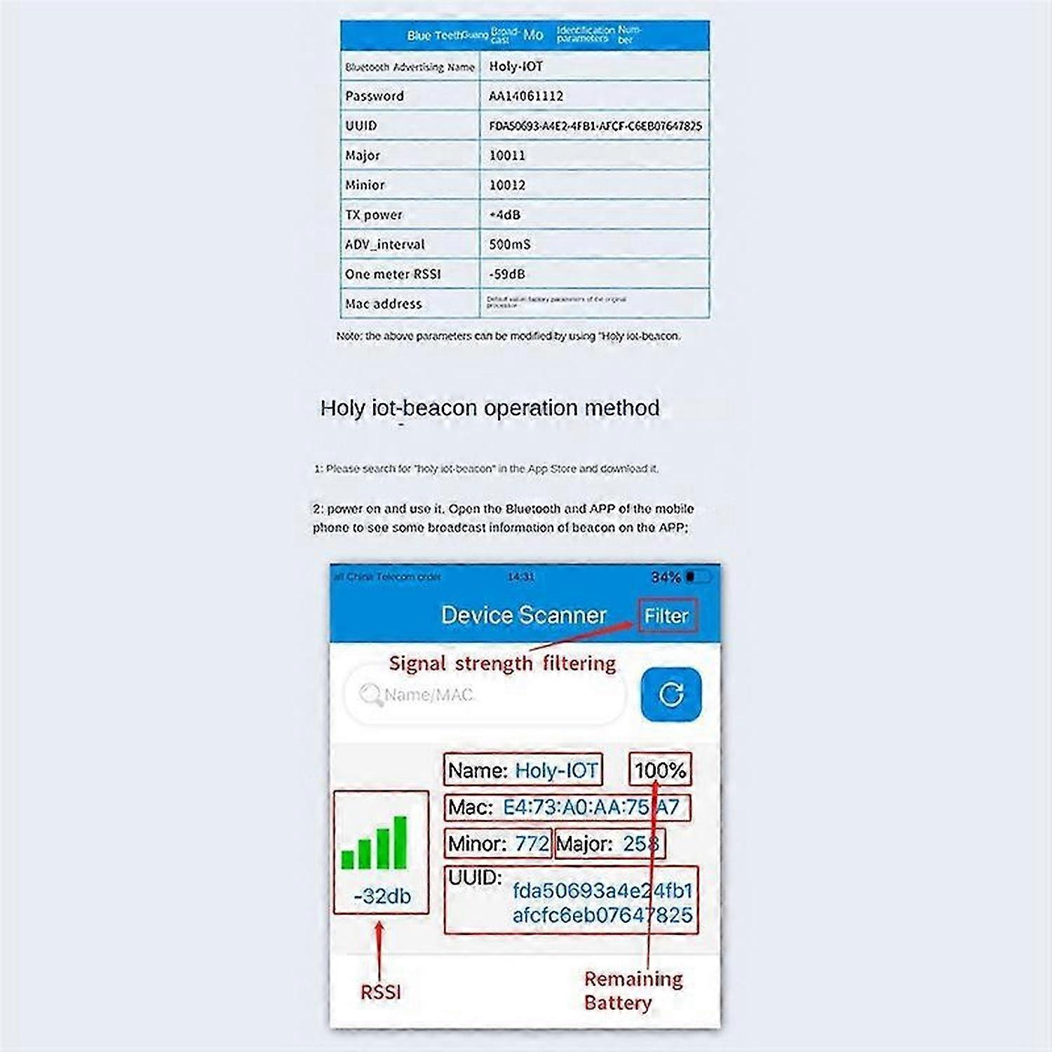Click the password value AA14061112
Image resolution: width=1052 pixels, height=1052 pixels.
pos(526,96)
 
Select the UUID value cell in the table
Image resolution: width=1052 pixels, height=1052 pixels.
pos(595,126)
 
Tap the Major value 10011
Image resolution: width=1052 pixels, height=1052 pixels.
pos(507,156)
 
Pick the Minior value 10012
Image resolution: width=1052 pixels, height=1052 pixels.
pos(507,185)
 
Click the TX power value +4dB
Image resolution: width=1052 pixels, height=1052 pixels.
pos(505,215)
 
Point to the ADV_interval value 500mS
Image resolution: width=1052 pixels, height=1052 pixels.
pos(510,245)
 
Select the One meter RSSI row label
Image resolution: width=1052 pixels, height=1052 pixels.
pos(393,274)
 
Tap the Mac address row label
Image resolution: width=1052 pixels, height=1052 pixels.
pos(384,304)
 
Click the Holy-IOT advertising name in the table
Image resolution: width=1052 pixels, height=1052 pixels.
pos(516,67)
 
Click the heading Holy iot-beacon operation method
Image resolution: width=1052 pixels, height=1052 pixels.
pos(490,408)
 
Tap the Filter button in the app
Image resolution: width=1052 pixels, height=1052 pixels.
pos(667,616)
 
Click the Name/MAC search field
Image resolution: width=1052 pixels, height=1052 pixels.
pos(484,695)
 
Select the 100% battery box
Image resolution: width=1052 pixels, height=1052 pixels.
pos(660,770)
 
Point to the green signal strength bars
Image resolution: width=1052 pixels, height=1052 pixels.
pos(375,843)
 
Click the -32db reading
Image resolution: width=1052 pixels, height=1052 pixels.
pos(382,896)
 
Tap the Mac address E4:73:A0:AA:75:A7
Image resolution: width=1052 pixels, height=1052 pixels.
pos(591,807)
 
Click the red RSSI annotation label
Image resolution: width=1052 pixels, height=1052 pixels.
pos(381,992)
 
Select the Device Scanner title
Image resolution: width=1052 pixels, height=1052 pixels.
pos(523,615)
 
